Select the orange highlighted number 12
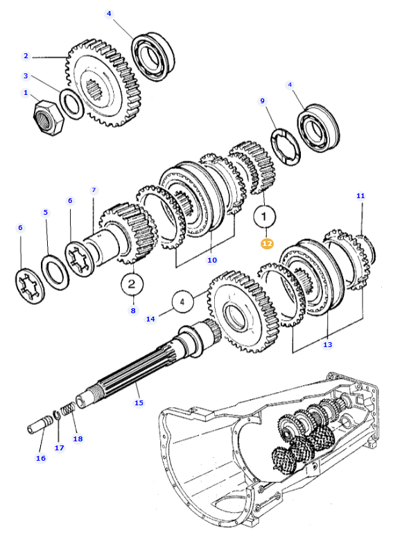(267, 243)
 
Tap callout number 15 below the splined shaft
(139, 403)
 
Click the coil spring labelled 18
(68, 411)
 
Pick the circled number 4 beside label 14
(182, 302)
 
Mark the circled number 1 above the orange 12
(264, 218)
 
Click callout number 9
(263, 101)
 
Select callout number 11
(360, 196)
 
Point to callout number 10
(212, 260)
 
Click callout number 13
(328, 344)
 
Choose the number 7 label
(94, 190)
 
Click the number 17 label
(59, 448)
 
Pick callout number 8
(133, 311)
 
